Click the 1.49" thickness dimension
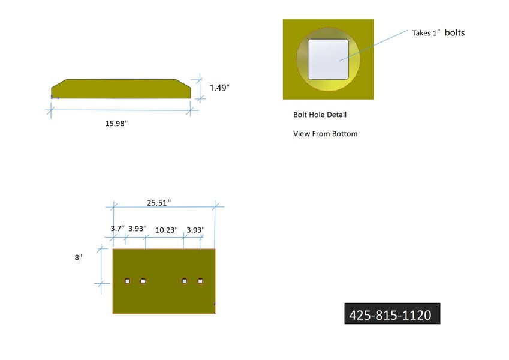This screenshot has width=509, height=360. coord(219,88)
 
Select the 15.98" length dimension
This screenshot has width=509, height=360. coord(116,124)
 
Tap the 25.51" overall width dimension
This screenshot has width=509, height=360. coord(159,203)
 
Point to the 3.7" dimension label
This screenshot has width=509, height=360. coord(117,229)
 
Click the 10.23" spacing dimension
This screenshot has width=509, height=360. coord(167,230)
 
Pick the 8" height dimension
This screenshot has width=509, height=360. coord(79,257)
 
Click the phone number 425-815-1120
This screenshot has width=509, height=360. coord(390,315)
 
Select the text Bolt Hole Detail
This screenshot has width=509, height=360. coord(320,115)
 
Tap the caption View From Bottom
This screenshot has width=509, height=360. coord(326,134)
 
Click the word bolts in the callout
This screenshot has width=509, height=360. coord(454,32)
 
